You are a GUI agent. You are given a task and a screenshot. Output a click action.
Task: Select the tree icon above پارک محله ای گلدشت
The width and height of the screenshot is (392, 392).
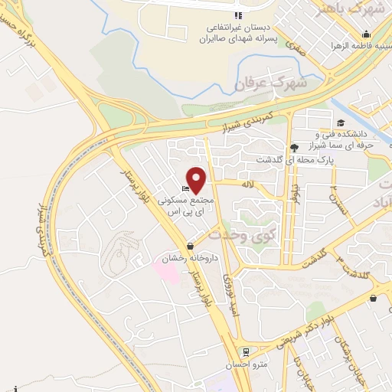point(293,147)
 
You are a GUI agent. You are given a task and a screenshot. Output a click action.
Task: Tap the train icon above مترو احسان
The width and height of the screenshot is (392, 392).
point(245,353)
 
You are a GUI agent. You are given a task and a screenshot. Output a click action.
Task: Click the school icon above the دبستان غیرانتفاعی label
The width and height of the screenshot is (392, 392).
point(238,15)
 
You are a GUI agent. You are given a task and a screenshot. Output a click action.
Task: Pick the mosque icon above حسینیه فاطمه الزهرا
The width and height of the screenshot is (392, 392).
point(367,34)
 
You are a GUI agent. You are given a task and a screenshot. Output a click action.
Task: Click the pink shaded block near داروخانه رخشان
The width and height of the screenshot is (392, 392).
point(170,273)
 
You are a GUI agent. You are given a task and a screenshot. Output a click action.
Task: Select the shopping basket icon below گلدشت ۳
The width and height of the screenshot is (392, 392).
point(373,299)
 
